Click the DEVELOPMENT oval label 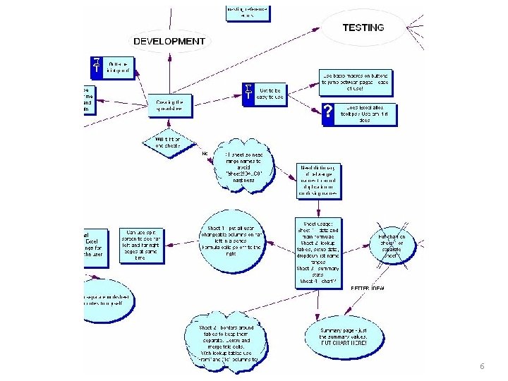(x=169, y=42)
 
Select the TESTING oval (x=363, y=28)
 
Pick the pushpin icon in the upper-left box (x=97, y=66)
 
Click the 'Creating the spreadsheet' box (x=169, y=105)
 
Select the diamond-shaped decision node (x=168, y=142)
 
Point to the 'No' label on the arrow (x=205, y=153)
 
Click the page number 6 (x=481, y=367)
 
